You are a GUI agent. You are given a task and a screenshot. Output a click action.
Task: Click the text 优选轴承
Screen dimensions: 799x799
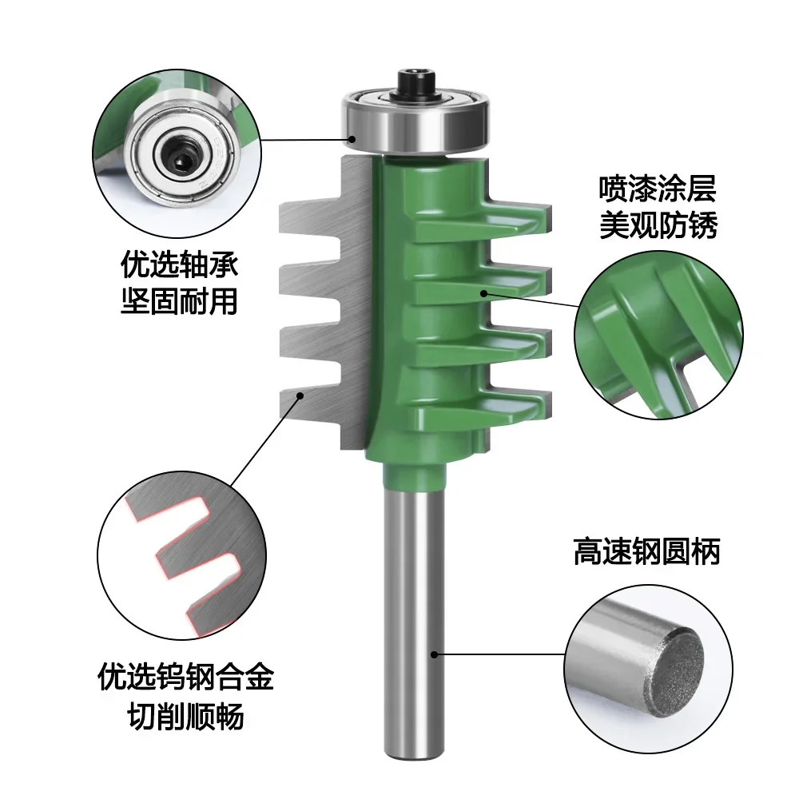pyautogui.click(x=179, y=264)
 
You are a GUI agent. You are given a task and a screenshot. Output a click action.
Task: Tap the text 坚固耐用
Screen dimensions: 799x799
pyautogui.click(x=179, y=301)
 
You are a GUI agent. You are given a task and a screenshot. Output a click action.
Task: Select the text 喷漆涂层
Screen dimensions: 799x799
pyautogui.click(x=658, y=190)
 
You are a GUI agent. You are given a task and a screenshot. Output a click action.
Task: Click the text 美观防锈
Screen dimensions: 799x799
pyautogui.click(x=658, y=227)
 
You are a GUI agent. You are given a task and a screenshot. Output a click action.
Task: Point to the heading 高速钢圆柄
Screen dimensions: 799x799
pyautogui.click(x=646, y=552)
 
